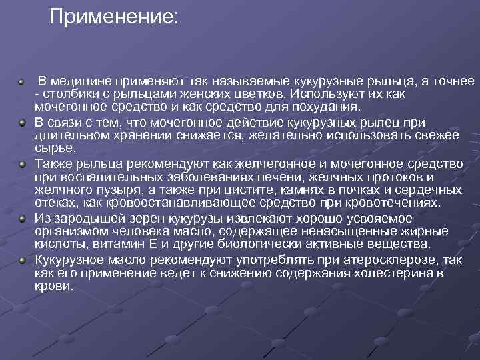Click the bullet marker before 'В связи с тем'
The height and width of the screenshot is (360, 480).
[22, 123]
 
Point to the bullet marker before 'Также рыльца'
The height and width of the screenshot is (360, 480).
[22, 163]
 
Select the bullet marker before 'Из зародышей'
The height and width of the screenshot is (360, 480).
[22, 218]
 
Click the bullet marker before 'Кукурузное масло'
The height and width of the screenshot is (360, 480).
[22, 260]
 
